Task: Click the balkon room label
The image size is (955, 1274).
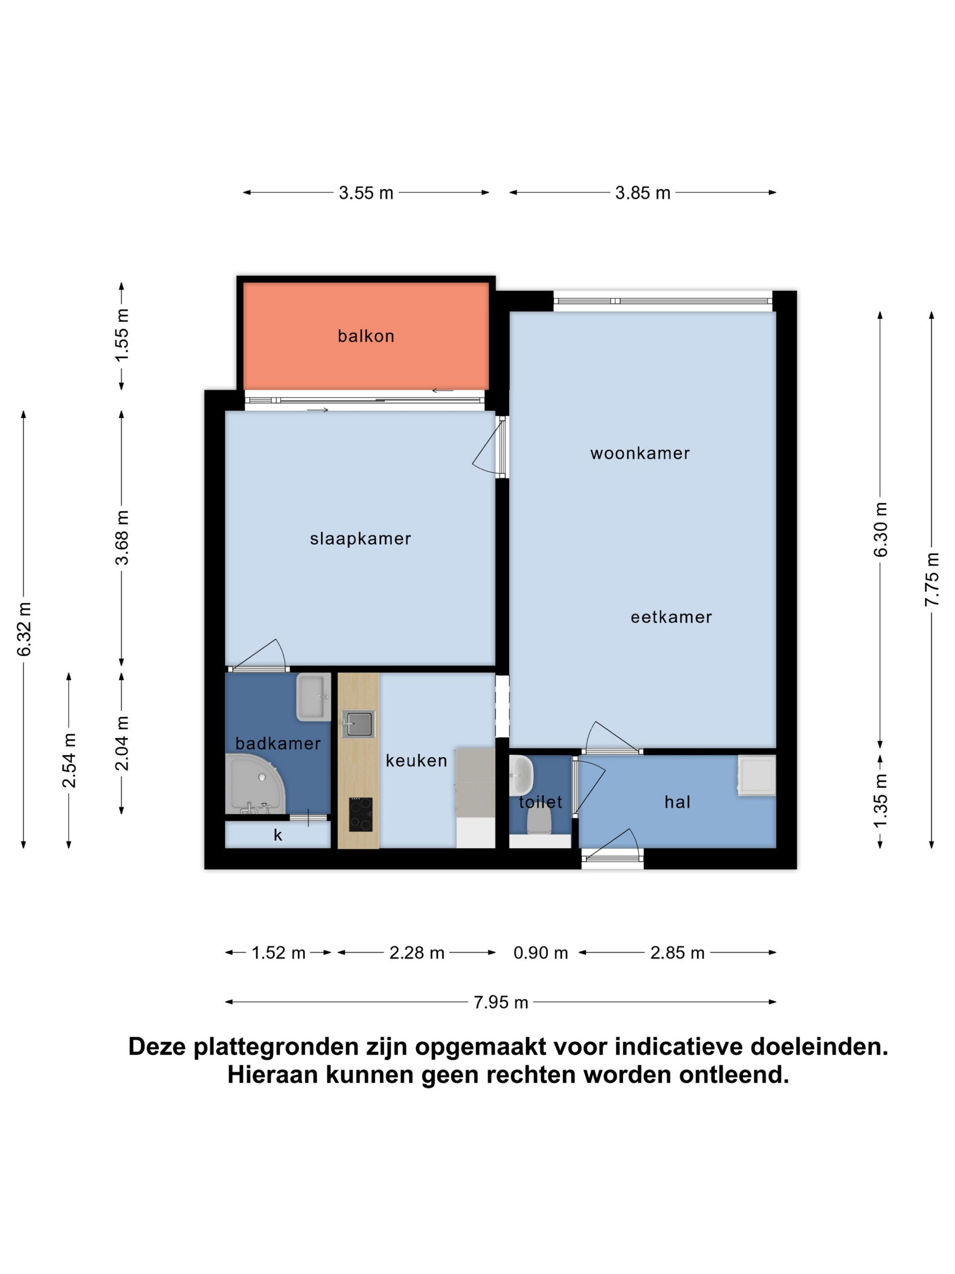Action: pos(366,336)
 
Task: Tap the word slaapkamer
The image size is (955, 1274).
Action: pos(360,539)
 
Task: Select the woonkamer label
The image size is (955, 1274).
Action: pos(639,453)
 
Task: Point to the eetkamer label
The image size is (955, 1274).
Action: pos(671,617)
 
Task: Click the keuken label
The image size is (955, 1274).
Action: pos(416,761)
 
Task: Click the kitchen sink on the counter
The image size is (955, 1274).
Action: pos(358,724)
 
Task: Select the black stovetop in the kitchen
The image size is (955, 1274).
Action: pos(360,814)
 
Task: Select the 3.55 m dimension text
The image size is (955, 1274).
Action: pos(366,193)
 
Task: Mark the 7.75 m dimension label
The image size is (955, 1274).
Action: pos(931,579)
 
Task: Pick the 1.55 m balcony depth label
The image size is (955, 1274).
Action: pos(121,335)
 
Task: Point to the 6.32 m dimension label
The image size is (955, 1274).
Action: pos(24,630)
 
